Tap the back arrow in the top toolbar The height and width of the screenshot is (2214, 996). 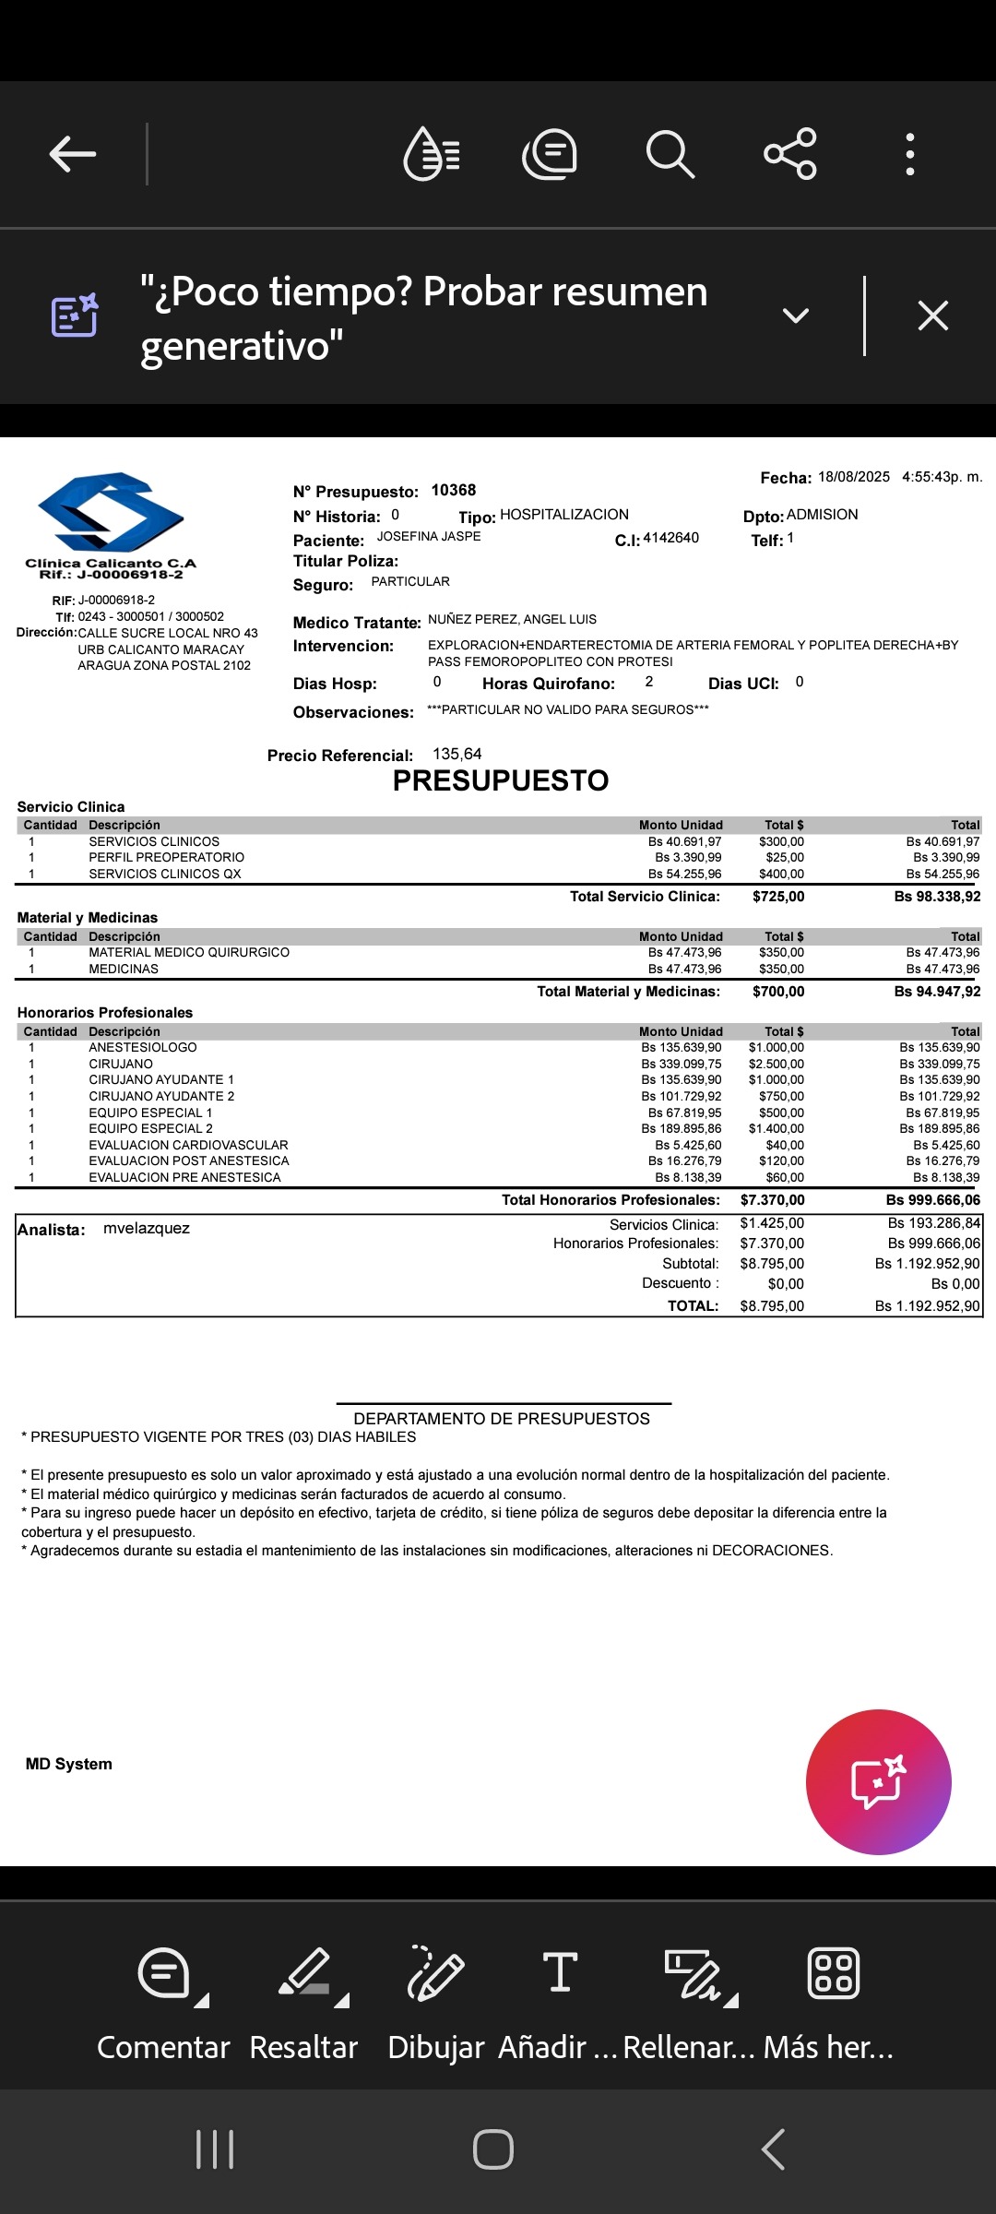click(73, 154)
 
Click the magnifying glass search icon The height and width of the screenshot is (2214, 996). click(670, 154)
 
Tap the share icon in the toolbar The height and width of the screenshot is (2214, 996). click(790, 154)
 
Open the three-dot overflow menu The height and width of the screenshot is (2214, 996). click(909, 154)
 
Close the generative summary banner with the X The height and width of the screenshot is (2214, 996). click(932, 316)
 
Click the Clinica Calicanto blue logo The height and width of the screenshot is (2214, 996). click(111, 513)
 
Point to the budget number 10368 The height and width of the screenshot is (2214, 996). click(454, 491)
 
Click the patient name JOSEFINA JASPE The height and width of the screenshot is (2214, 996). click(429, 537)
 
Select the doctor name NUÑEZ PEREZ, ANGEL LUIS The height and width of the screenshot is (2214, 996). click(512, 620)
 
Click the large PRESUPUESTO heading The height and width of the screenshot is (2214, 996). click(501, 781)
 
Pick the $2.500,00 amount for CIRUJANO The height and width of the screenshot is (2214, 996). click(776, 1064)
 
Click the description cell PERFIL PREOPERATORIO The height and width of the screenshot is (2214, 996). click(166, 858)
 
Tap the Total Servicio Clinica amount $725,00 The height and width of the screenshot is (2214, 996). click(778, 897)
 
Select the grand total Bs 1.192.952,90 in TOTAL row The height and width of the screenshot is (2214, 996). click(931, 1306)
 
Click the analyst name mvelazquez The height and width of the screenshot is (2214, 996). click(147, 1229)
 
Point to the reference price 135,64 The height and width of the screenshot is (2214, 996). click(456, 755)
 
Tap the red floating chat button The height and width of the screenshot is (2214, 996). click(878, 1781)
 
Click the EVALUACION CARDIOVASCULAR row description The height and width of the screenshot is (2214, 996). click(188, 1145)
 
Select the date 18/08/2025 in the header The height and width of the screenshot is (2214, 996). click(853, 477)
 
